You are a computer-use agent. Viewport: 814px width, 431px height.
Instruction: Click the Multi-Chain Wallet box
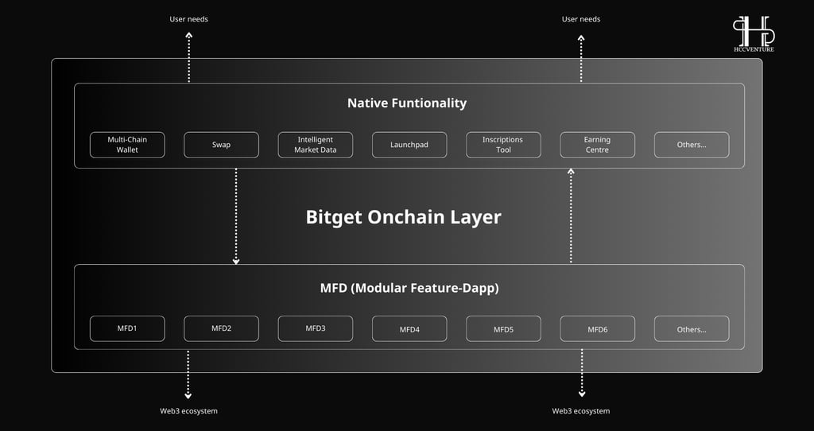[127, 145]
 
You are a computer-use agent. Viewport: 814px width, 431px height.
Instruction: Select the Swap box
[221, 145]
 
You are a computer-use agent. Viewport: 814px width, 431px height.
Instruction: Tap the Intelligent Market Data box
[315, 145]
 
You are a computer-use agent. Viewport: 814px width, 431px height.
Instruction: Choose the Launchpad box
[409, 145]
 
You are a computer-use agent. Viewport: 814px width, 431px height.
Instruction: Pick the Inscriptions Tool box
[503, 145]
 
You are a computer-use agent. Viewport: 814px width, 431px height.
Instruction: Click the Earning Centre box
[597, 145]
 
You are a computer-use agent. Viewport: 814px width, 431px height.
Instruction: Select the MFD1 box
[127, 328]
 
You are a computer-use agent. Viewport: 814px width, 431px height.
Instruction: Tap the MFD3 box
[315, 328]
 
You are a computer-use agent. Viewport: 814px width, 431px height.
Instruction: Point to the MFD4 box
[409, 328]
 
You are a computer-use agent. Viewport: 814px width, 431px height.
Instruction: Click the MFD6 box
[597, 328]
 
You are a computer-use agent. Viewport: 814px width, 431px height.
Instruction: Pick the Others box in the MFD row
[692, 328]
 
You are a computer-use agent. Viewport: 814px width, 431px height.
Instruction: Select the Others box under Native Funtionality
[692, 145]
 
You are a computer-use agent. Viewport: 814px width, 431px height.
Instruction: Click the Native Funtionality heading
[407, 103]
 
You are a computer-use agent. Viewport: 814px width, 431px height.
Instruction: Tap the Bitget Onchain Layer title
[403, 217]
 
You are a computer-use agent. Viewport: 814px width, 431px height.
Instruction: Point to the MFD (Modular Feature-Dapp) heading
[409, 288]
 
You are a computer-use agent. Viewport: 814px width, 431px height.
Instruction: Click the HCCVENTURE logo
[754, 33]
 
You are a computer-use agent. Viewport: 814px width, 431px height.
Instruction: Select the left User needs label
[188, 19]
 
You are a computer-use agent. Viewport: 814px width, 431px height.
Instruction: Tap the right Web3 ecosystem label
[581, 411]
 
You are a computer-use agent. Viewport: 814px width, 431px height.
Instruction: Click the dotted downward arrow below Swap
[236, 216]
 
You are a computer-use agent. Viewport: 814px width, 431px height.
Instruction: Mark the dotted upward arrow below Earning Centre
[571, 215]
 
